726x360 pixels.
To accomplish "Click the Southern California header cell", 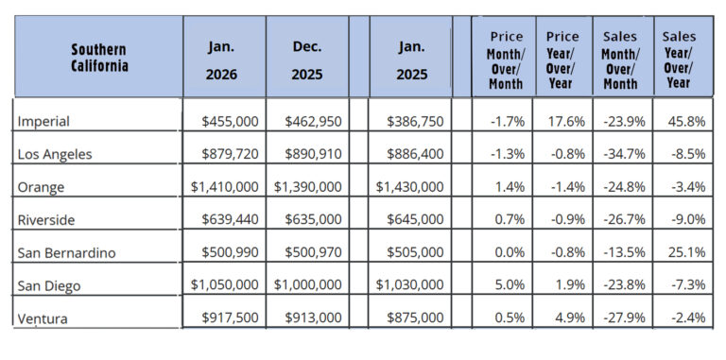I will click(98, 58).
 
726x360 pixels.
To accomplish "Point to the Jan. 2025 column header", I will click(411, 59).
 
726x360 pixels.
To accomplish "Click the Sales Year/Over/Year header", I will click(680, 59).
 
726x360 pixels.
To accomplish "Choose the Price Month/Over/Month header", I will click(505, 59).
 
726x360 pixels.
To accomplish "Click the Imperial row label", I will click(43, 121).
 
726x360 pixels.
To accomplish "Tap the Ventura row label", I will click(43, 317).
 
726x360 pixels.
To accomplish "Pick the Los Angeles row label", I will click(55, 153).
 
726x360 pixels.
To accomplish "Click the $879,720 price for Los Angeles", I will click(228, 153).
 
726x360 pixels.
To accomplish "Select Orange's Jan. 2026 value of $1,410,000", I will click(224, 187).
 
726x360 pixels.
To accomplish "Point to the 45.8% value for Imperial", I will click(686, 121).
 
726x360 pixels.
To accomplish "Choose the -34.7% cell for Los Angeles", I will click(625, 153).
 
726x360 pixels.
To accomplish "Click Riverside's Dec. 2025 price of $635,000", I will click(313, 219).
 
